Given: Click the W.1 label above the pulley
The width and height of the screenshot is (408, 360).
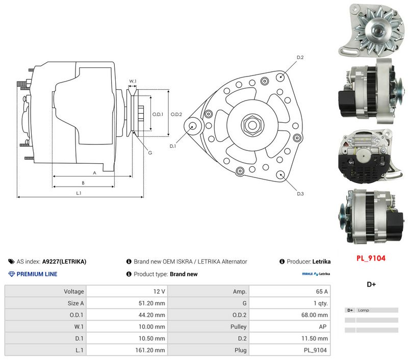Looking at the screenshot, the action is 133,82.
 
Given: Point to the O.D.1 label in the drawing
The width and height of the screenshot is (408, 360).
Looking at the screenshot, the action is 158,114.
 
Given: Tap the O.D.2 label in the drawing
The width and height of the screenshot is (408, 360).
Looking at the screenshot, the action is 176,114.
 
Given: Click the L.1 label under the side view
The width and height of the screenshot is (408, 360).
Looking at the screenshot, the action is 79,193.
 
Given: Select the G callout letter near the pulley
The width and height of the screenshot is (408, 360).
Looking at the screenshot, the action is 150,152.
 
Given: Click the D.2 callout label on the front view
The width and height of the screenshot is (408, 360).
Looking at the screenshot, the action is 300,57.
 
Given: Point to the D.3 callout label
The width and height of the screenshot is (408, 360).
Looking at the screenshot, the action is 300,194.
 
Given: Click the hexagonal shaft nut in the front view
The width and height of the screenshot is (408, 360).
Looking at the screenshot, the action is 252,125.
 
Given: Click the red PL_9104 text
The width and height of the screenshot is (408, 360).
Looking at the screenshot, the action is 371,259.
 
